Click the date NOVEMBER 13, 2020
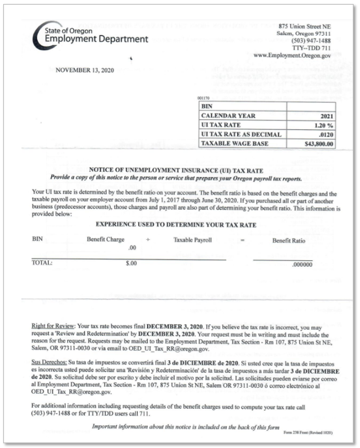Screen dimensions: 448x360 pyautogui.click(x=85, y=71)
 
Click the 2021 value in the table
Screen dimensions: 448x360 pyautogui.click(x=325, y=116)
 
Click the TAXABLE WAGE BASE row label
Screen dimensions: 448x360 pyautogui.click(x=235, y=143)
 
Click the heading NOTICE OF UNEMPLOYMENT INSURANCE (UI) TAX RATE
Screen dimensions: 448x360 pyautogui.click(x=181, y=170)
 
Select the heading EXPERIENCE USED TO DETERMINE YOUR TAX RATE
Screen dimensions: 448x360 pyautogui.click(x=176, y=225)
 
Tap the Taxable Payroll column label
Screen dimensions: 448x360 pyautogui.click(x=192, y=240)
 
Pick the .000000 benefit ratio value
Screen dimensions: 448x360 pyautogui.click(x=301, y=264)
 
